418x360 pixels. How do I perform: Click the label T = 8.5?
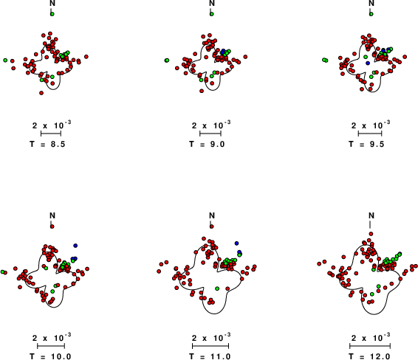(x=47, y=144)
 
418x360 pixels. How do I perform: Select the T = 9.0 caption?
(x=207, y=144)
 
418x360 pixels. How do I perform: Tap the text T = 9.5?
(x=366, y=144)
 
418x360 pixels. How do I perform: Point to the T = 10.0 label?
(x=50, y=356)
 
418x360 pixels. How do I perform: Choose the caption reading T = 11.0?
(x=210, y=356)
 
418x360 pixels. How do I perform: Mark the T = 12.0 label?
(x=369, y=356)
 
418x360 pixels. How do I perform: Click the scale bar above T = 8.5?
(x=51, y=134)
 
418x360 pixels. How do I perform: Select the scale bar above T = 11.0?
(x=210, y=346)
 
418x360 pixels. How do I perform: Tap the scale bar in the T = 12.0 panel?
(x=370, y=346)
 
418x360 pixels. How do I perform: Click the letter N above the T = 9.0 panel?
(x=212, y=3)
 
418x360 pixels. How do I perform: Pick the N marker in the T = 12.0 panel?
(x=371, y=215)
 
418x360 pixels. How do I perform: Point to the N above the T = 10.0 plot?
(x=52, y=215)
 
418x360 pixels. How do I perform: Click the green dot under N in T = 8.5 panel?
(x=52, y=14)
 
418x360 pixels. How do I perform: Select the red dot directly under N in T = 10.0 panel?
(x=52, y=226)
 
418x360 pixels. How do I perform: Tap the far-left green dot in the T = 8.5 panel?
(x=5, y=60)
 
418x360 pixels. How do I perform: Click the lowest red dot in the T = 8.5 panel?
(x=41, y=93)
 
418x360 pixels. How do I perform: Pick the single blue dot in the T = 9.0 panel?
(x=223, y=51)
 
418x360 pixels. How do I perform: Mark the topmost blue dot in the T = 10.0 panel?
(x=75, y=245)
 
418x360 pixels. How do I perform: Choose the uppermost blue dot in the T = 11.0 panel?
(x=236, y=243)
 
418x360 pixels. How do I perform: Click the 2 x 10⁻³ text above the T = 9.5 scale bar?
(x=371, y=125)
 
